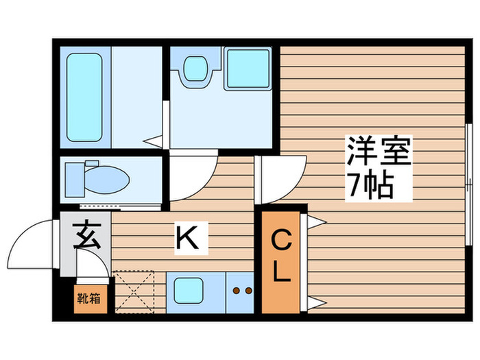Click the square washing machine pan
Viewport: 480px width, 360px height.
coord(247,69)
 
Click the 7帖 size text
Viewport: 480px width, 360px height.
coord(370,184)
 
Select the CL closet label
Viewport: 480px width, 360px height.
coord(280,257)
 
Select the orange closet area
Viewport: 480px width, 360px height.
coord(281,261)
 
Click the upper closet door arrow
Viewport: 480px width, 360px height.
coord(315,221)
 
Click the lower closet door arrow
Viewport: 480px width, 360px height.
coord(315,302)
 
